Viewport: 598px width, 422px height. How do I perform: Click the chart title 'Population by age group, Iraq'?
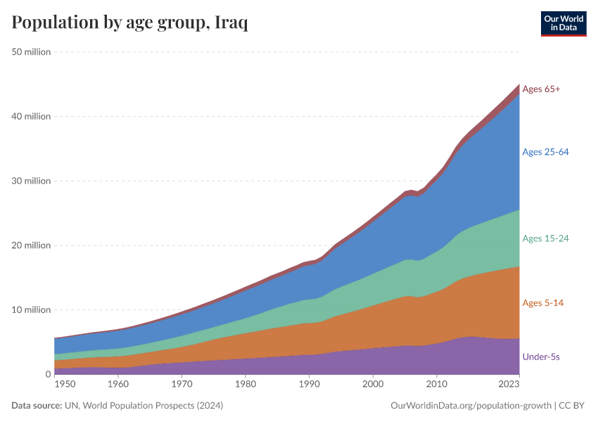[x=129, y=23]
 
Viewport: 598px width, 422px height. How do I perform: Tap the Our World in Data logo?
[x=563, y=23]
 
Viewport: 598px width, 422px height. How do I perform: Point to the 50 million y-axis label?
[x=31, y=51]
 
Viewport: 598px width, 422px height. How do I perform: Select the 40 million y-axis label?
[x=31, y=116]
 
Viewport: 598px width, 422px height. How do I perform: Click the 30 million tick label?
[x=31, y=181]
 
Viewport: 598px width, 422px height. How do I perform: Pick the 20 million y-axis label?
[x=31, y=245]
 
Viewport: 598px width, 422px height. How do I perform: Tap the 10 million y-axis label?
[x=31, y=309]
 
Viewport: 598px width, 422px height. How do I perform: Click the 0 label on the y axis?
[x=47, y=374]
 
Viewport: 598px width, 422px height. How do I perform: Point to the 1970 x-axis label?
[x=182, y=385]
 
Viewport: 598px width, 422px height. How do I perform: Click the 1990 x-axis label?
[x=309, y=385]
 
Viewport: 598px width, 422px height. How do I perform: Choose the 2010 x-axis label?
[x=436, y=385]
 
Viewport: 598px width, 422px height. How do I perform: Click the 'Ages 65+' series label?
[x=541, y=89]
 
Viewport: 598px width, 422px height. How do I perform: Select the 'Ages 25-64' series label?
[x=545, y=152]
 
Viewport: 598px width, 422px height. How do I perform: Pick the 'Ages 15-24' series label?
[x=545, y=238]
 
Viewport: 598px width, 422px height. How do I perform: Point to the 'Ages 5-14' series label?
[x=542, y=303]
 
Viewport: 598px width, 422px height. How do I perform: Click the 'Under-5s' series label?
[x=541, y=357]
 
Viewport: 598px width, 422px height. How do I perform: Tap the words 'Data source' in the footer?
[x=37, y=406]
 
